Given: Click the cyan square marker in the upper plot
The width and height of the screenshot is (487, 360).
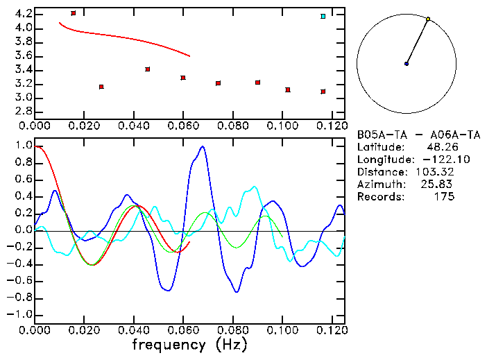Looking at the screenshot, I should [323, 16].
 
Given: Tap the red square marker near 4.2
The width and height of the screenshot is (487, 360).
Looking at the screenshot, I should [74, 13].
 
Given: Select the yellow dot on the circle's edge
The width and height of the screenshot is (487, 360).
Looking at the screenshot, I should [428, 19].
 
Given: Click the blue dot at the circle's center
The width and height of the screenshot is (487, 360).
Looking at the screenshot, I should [407, 64].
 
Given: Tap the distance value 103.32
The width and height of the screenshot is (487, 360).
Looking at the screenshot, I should [434, 172].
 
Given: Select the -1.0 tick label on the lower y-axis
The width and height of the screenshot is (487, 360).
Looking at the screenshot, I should [19, 314].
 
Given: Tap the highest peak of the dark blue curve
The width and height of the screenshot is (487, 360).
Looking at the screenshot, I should [202, 146].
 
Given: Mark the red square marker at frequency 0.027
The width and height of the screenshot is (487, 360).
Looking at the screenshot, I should [101, 87].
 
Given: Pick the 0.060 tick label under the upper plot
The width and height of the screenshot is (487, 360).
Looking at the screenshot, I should [183, 126].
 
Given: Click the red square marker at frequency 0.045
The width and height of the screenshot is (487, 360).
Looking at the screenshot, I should [148, 69].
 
